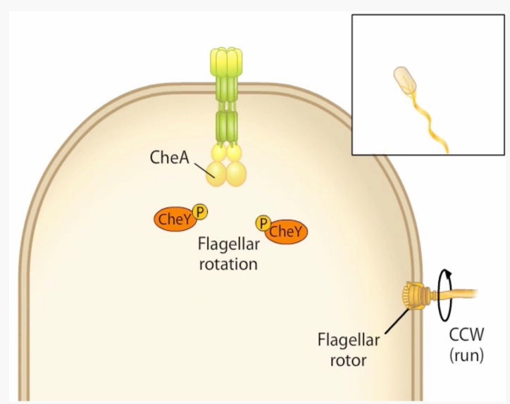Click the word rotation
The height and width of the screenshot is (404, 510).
[227, 265]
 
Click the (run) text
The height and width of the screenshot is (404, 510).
[466, 356]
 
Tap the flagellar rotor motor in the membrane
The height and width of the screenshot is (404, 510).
[413, 296]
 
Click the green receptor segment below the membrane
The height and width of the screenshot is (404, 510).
[226, 123]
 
